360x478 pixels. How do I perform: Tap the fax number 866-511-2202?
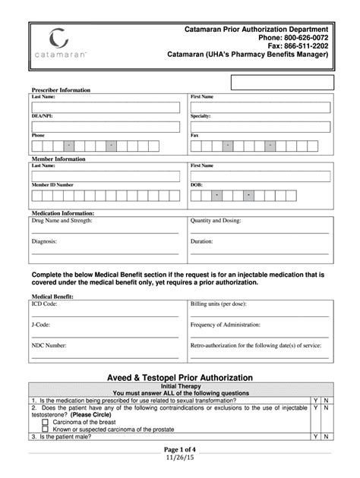307,46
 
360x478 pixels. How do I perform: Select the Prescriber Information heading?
60,90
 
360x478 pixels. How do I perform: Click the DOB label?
197,184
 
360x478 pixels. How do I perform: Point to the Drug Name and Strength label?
62,221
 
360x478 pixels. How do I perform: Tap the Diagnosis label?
46,241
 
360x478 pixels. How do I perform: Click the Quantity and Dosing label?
221,221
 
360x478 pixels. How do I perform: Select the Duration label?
202,241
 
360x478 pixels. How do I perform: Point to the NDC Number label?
49,345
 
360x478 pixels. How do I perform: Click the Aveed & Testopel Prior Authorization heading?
179,398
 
